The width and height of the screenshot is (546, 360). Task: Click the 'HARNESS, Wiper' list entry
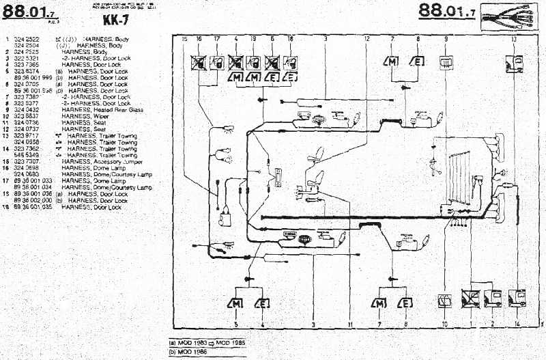[x=81, y=115]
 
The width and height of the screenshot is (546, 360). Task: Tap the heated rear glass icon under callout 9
[x=446, y=62]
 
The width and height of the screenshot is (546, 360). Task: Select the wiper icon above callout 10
[x=445, y=299]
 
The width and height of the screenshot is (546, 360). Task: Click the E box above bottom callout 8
[x=405, y=303]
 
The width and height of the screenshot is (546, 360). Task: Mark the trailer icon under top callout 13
[x=513, y=64]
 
